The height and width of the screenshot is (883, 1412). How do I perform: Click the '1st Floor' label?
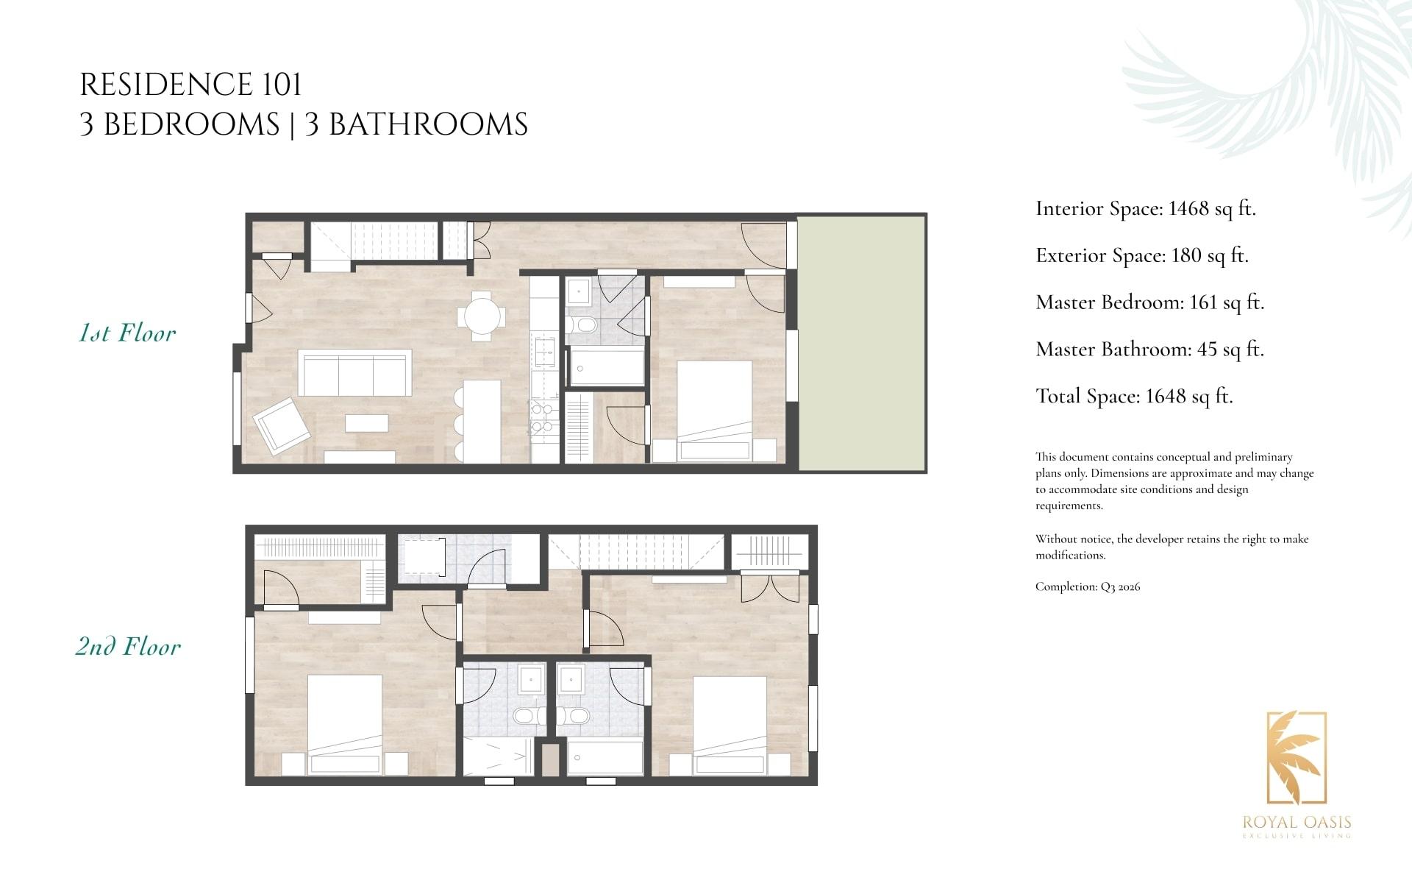coord(127,333)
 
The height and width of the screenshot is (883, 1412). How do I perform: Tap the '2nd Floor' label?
coord(128,647)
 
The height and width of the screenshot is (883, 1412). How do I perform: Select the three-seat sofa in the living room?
coord(355,373)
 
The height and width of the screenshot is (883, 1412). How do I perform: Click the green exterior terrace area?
coord(861,343)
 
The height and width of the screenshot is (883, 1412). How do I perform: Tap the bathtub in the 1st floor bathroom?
coord(607,367)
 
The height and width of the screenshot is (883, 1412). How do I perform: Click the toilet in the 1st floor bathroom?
coord(585,325)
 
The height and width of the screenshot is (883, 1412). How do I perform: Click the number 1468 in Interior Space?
coord(1188,209)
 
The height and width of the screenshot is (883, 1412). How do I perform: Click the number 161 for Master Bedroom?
coord(1204,302)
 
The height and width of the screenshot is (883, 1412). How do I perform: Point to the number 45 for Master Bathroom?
coord(1207,350)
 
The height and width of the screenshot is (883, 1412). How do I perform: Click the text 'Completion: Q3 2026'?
coord(1088,587)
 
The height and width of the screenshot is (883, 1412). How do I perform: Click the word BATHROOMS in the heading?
coord(428,124)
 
